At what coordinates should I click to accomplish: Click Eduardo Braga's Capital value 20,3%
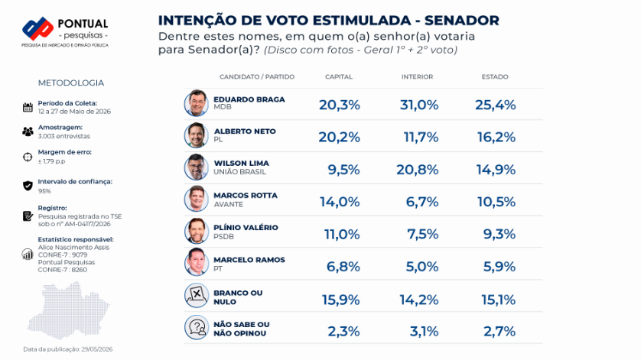(340, 105)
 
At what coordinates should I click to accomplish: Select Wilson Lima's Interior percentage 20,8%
(417, 170)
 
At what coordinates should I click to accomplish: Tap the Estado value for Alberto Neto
(496, 138)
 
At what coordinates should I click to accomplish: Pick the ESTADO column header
(495, 77)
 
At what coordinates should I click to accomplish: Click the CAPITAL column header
(339, 77)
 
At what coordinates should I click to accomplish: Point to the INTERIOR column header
(417, 77)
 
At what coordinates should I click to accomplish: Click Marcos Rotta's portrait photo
(197, 199)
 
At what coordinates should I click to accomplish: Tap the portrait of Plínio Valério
(197, 232)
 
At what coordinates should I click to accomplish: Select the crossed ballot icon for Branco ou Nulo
(197, 296)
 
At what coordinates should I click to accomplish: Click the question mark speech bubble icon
(197, 327)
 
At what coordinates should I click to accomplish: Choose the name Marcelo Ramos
(249, 259)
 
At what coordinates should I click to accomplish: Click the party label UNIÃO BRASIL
(239, 172)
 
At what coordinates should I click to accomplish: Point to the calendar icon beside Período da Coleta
(28, 108)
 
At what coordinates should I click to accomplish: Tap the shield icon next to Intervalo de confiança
(28, 186)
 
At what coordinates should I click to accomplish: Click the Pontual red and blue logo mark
(37, 28)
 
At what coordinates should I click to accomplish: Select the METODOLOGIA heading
(70, 83)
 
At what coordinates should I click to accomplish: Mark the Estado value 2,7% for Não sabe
(499, 332)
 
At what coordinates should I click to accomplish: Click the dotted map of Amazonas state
(68, 310)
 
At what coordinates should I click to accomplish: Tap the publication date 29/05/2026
(97, 349)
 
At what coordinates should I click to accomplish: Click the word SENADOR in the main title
(462, 21)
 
